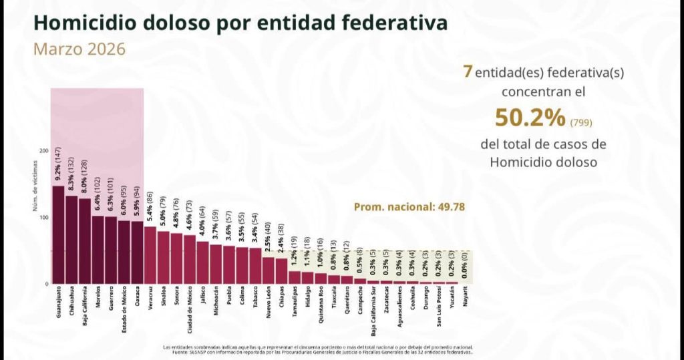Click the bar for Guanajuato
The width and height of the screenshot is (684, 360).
(58, 234)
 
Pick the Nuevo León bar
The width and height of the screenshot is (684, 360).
(268, 270)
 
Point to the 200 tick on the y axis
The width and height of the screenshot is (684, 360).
(44, 151)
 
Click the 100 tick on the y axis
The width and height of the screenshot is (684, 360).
(44, 218)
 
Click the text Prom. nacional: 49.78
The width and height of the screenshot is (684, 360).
(408, 207)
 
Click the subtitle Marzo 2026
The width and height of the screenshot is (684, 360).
(79, 49)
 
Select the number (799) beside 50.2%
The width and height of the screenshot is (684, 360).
(581, 122)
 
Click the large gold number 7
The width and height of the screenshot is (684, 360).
(468, 71)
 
